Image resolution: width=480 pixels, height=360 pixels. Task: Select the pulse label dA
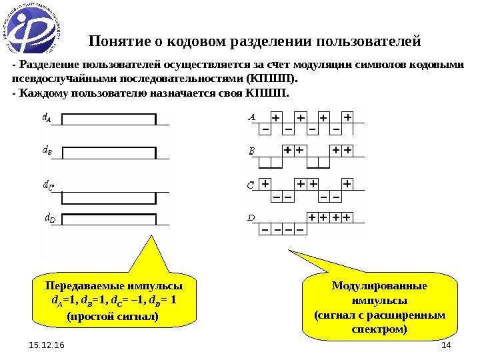point(47,119)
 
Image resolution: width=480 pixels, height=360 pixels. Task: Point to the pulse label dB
point(47,151)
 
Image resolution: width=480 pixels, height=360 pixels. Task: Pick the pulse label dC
point(47,185)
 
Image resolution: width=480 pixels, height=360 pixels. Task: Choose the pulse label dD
point(49,217)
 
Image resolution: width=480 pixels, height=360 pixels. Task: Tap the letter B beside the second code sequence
point(251,151)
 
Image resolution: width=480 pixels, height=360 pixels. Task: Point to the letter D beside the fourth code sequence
point(251,217)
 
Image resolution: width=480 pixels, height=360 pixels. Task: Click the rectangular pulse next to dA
point(109,119)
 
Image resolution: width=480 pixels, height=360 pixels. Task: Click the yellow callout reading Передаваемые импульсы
point(113,300)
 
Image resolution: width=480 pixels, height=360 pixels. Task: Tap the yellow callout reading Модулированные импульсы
point(379,307)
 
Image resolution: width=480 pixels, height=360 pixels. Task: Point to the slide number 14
point(446,345)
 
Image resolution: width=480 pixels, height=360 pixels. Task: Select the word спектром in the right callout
point(379,329)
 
